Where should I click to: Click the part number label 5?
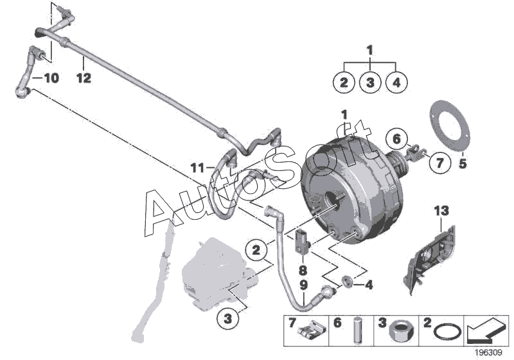tap(463, 164)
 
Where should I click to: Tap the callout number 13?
tap(441, 210)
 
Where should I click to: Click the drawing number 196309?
tap(490, 352)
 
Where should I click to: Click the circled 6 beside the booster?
tap(396, 138)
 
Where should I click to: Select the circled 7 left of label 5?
tap(439, 163)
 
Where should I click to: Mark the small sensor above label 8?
tap(302, 239)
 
